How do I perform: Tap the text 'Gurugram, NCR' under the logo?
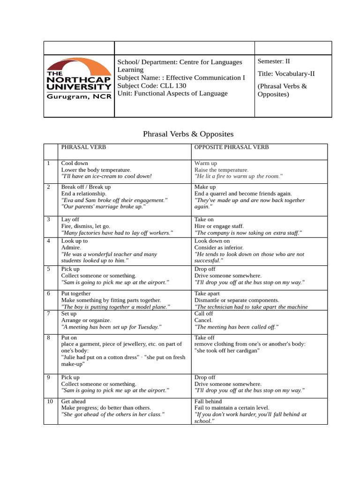(x=78, y=97)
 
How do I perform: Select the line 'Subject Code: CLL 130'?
(x=151, y=85)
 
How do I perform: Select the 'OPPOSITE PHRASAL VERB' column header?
(x=232, y=147)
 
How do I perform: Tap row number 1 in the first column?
(x=48, y=163)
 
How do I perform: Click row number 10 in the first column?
(x=50, y=402)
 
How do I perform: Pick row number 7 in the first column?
(x=48, y=314)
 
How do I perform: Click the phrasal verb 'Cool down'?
(x=75, y=163)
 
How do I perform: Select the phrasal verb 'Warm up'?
(x=206, y=163)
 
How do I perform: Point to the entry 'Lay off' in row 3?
(x=71, y=219)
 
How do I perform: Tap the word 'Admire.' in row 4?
(x=71, y=247)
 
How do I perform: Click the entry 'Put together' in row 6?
(x=76, y=293)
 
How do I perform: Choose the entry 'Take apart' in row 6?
(x=207, y=293)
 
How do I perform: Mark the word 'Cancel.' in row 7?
(x=203, y=320)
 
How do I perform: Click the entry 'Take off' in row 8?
(x=204, y=337)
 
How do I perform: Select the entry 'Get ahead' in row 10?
(x=74, y=402)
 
